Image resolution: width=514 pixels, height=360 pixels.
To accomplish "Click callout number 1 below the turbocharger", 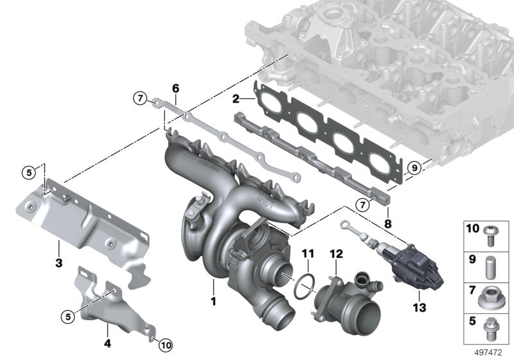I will pos(212,300).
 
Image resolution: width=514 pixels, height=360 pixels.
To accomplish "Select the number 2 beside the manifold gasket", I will pos(236,99).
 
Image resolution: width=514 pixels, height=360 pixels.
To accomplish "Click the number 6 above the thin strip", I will pos(175,88).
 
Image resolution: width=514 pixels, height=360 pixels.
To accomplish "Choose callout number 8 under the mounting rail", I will pos(387,224).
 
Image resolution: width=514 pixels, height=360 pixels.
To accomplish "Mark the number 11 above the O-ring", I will pos(307,253).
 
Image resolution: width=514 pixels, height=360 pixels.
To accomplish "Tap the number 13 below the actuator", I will pos(419,308).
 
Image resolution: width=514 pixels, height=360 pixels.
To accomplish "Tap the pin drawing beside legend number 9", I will pos(489,264).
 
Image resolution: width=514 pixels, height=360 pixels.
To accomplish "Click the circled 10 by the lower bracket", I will pos(165,345).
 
